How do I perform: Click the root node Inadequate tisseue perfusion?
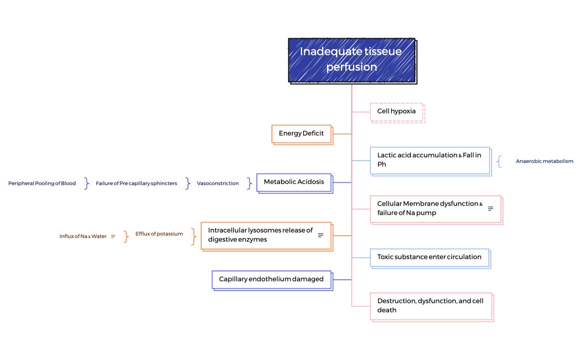pyautogui.click(x=351, y=60)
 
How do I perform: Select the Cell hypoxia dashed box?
pyautogui.click(x=396, y=111)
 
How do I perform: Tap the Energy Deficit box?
pyautogui.click(x=302, y=133)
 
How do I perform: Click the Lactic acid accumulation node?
pyautogui.click(x=430, y=160)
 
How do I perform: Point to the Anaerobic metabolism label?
pyautogui.click(x=544, y=161)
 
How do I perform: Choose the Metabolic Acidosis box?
pyautogui.click(x=294, y=182)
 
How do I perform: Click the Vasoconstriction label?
pyautogui.click(x=218, y=183)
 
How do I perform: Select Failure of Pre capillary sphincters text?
pyautogui.click(x=136, y=183)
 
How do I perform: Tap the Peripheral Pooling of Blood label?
pyautogui.click(x=42, y=183)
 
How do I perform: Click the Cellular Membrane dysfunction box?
pyautogui.click(x=430, y=208)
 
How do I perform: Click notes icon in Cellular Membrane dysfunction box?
pyautogui.click(x=491, y=209)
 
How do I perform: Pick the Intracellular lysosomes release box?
pyautogui.click(x=261, y=235)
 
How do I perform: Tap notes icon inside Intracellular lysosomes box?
pyautogui.click(x=320, y=235)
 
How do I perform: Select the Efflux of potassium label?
pyautogui.click(x=159, y=234)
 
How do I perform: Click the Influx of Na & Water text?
pyautogui.click(x=83, y=236)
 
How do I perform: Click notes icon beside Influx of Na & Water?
pyautogui.click(x=113, y=236)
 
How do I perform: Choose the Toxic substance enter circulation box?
pyautogui.click(x=430, y=257)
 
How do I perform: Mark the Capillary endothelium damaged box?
pyautogui.click(x=272, y=279)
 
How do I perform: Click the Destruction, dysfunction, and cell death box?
pyautogui.click(x=431, y=306)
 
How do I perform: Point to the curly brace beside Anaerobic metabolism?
pyautogui.click(x=499, y=161)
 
